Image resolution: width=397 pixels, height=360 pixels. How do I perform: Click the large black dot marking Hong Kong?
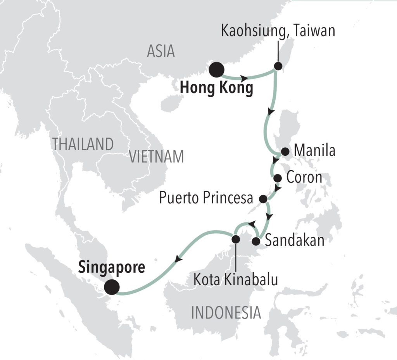(x=216, y=70)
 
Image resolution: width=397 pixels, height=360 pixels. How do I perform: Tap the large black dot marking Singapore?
(x=112, y=287)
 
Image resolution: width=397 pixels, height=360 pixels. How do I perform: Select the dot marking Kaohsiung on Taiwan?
(x=278, y=66)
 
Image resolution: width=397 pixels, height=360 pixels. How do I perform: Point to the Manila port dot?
(x=285, y=152)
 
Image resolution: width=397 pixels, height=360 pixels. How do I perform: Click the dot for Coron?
(x=278, y=178)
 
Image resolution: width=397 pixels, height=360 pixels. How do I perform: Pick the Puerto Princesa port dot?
(x=263, y=199)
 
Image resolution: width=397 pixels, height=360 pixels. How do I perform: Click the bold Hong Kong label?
(x=217, y=89)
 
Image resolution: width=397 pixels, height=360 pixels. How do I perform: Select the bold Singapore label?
(x=112, y=267)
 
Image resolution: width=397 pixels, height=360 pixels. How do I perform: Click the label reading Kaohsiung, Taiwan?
(x=278, y=31)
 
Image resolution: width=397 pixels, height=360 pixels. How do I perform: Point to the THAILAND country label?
(x=83, y=144)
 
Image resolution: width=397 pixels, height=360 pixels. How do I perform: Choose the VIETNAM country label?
(x=156, y=157)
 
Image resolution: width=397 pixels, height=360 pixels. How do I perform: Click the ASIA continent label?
(x=161, y=51)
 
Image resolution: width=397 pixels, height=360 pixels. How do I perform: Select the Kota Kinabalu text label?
(x=236, y=279)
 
